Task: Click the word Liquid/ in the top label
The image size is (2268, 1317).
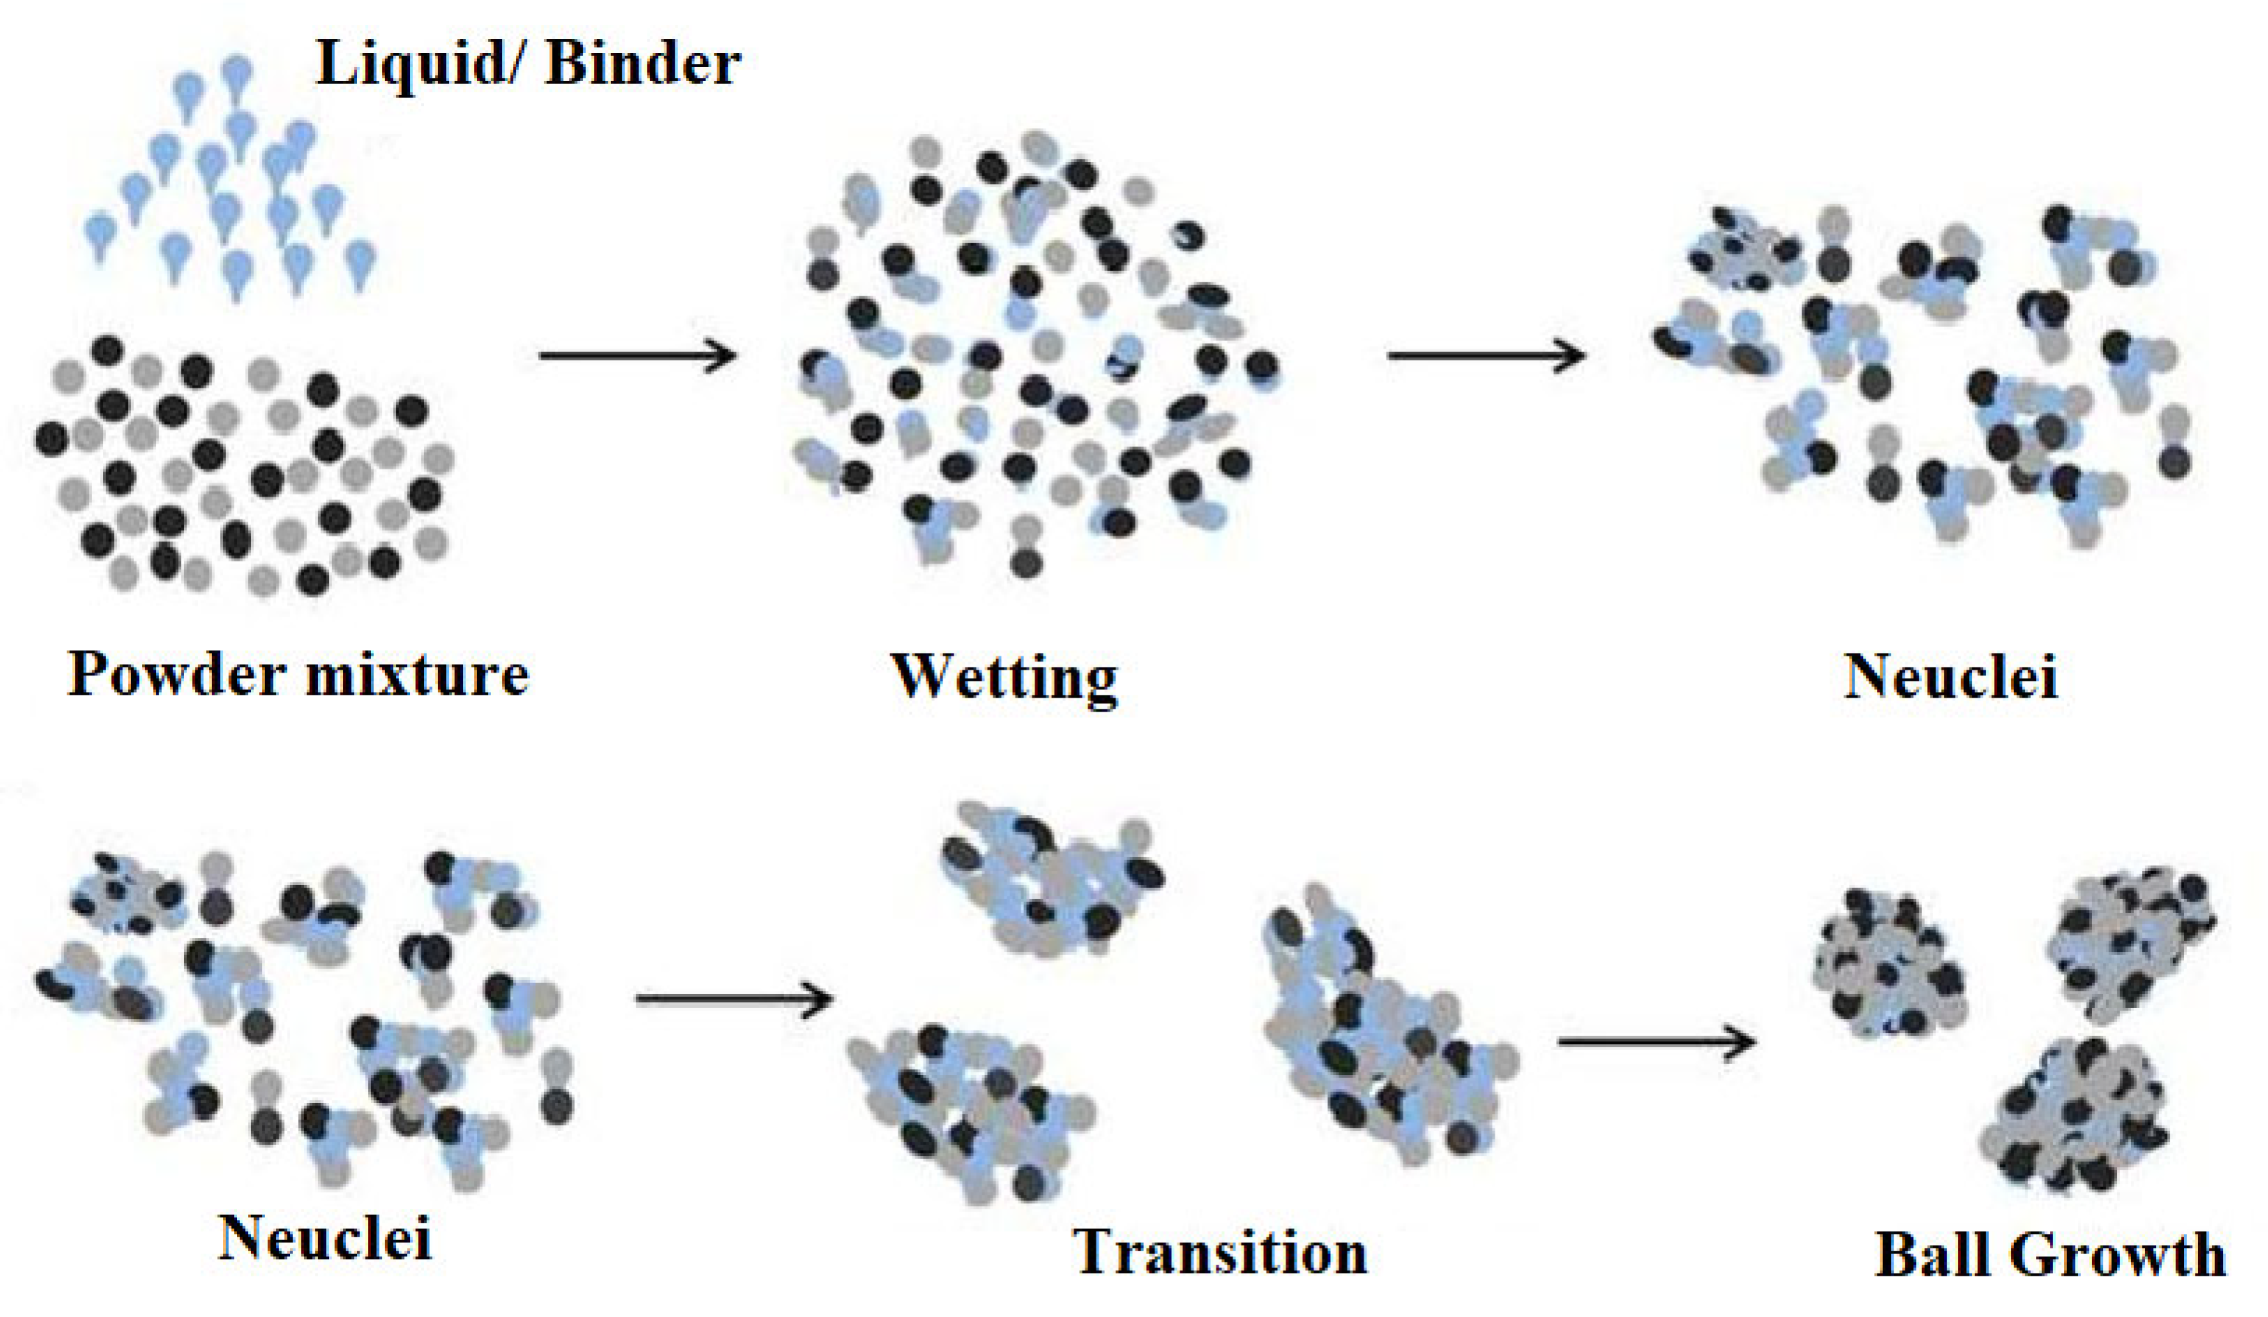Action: [417, 65]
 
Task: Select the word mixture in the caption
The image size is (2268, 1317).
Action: [417, 675]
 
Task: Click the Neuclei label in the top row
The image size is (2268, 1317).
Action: [1951, 675]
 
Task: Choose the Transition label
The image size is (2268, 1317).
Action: [1220, 1252]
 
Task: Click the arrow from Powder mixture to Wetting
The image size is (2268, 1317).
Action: [637, 355]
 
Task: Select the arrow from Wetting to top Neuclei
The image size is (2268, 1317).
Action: [1486, 355]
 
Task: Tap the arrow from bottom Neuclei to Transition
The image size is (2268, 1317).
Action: [734, 998]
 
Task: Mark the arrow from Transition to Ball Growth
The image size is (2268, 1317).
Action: [1656, 1042]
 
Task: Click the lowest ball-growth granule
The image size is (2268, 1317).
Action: [2074, 1115]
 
